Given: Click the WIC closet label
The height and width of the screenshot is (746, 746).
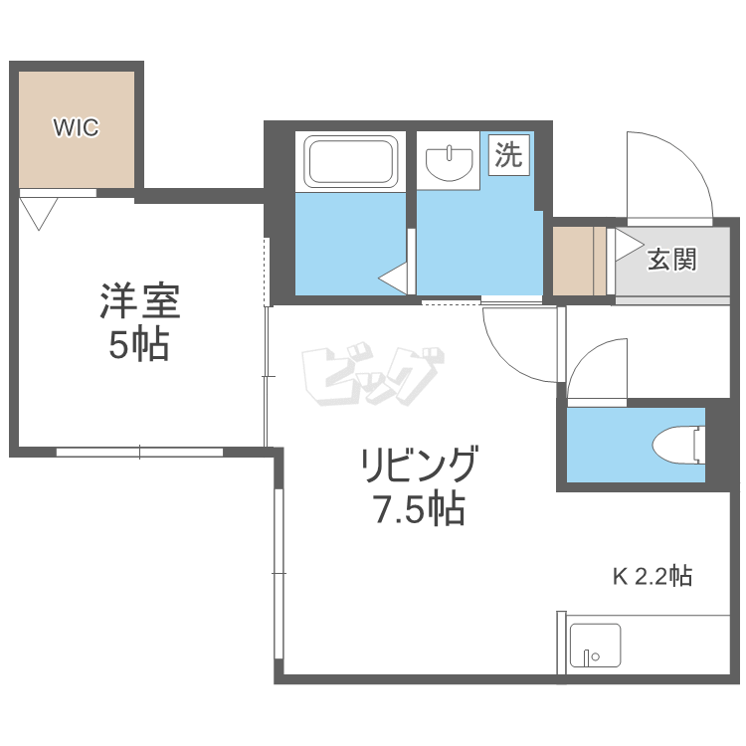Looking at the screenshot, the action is (x=77, y=127).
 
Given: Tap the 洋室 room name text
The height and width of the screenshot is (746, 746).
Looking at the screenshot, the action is (x=140, y=300).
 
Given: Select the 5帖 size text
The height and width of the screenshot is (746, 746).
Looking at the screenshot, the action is (x=139, y=344).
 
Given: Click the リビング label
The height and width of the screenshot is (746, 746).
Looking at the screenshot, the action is (x=418, y=463).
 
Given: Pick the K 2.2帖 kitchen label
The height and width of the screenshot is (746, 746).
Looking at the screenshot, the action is (x=653, y=576).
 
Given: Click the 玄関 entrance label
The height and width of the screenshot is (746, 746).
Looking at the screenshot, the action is (x=671, y=260).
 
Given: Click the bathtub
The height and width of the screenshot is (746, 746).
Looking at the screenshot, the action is (x=351, y=162).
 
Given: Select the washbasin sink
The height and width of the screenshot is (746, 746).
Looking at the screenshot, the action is (x=450, y=163).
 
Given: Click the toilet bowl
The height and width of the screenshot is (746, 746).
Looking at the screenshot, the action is (x=678, y=445).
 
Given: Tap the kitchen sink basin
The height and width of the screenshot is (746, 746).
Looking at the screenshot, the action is (x=595, y=646).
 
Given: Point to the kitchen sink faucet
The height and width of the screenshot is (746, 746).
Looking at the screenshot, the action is (x=589, y=657).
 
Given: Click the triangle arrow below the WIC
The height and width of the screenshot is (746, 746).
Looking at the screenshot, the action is (x=39, y=214).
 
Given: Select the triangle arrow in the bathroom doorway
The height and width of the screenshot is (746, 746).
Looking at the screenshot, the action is (x=394, y=278).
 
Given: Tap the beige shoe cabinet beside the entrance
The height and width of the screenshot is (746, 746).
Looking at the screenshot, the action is (x=579, y=261).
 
